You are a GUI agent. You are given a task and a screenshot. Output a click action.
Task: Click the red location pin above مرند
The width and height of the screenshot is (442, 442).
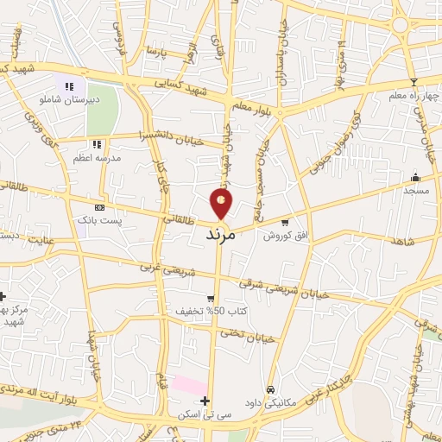click(222, 202)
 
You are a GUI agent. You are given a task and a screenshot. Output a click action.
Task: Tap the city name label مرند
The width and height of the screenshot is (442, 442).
click(221, 234)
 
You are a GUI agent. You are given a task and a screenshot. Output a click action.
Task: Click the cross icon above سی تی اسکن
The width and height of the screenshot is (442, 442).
click(205, 401)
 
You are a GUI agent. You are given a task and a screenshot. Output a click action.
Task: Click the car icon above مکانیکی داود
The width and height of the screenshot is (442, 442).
click(271, 389)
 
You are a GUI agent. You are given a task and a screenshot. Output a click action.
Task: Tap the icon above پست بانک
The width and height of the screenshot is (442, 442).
click(99, 208)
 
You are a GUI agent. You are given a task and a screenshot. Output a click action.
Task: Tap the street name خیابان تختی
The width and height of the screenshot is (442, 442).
click(246, 336)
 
